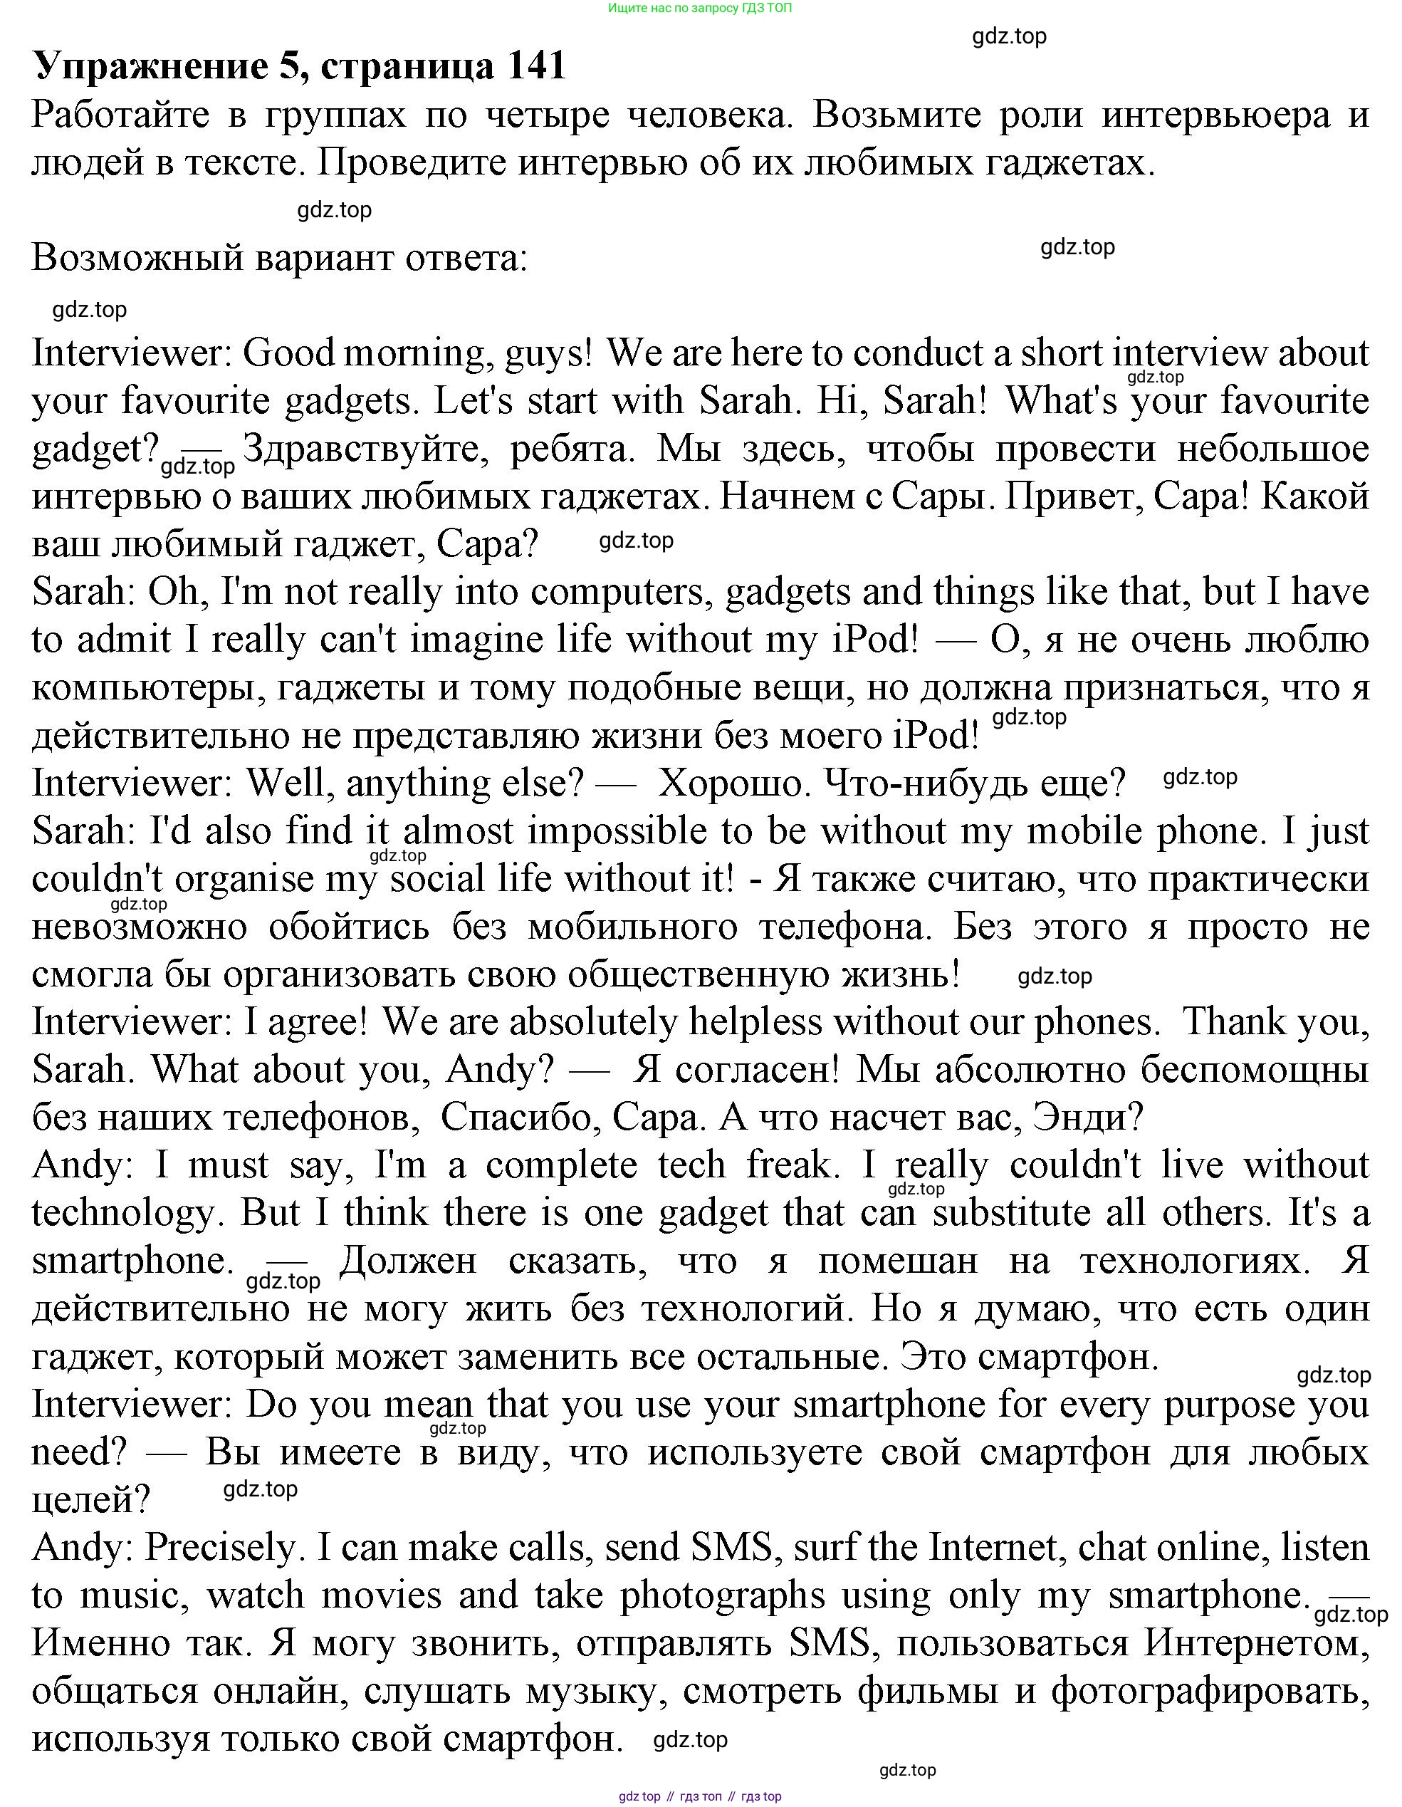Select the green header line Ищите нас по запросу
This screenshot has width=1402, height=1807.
(700, 9)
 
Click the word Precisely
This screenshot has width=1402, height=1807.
(220, 1548)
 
